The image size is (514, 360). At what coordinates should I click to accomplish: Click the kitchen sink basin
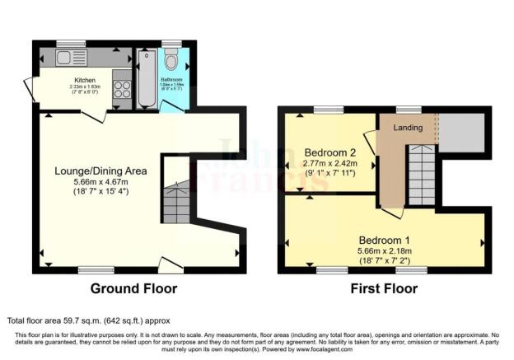[64, 58]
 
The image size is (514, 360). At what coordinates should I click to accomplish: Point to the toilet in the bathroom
[171, 59]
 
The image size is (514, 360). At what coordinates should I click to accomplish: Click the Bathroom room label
[171, 79]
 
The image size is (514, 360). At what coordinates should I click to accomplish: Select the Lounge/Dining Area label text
[100, 171]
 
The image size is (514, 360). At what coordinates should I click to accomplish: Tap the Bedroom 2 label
[329, 152]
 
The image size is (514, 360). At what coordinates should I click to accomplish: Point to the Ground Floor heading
[133, 289]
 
